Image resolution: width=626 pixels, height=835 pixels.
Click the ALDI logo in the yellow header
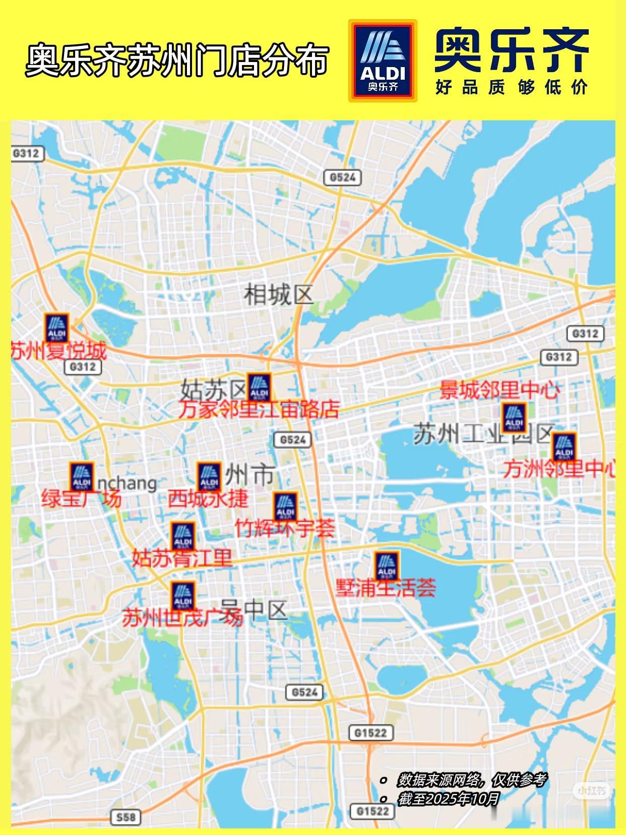pyautogui.click(x=383, y=61)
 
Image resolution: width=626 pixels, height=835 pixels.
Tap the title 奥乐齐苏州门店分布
pyautogui.click(x=177, y=61)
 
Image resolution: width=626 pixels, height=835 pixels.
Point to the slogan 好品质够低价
pyautogui.click(x=512, y=87)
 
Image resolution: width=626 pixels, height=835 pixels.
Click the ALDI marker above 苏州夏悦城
pyautogui.click(x=56, y=328)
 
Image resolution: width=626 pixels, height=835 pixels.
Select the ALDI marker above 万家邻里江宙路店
pyautogui.click(x=259, y=387)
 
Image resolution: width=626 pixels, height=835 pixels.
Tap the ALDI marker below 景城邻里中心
pyautogui.click(x=514, y=417)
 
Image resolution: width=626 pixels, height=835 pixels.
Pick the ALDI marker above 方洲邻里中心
pyautogui.click(x=564, y=447)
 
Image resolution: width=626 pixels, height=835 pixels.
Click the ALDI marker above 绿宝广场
pyautogui.click(x=82, y=477)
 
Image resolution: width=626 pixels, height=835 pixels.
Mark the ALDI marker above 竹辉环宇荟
pyautogui.click(x=285, y=506)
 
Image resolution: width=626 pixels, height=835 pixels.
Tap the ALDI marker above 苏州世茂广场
pyautogui.click(x=182, y=596)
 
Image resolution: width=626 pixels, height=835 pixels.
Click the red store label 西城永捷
pyautogui.click(x=208, y=499)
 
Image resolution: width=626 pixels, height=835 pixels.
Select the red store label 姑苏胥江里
pyautogui.click(x=182, y=558)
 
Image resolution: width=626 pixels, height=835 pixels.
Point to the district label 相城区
pyautogui.click(x=278, y=294)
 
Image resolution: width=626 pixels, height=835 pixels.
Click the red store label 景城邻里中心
pyautogui.click(x=499, y=390)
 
